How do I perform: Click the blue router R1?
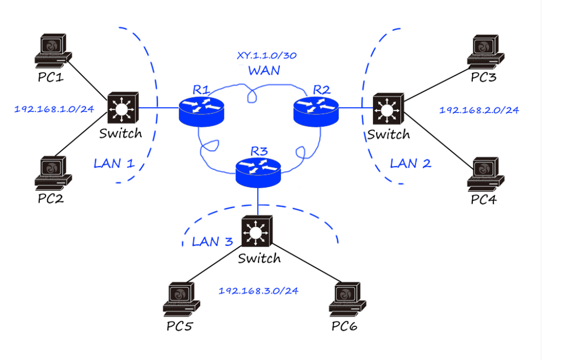[202, 110]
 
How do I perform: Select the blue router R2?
[316, 110]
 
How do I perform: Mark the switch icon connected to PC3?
[388, 108]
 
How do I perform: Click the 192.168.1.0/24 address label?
[54, 109]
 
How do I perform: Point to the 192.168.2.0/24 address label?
[479, 110]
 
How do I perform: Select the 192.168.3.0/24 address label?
[258, 291]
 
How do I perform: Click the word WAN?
[264, 71]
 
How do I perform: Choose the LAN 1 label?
[114, 164]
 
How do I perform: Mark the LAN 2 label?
[410, 164]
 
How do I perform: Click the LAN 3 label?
[212, 241]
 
